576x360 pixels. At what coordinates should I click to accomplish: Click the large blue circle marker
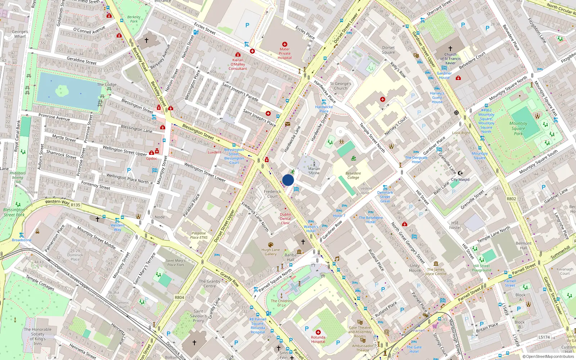(x=288, y=180)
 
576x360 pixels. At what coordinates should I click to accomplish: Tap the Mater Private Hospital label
(x=284, y=54)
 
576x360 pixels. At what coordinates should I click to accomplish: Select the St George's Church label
(x=341, y=86)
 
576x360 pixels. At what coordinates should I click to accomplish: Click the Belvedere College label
(x=353, y=175)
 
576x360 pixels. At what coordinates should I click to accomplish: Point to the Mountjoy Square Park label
(x=518, y=128)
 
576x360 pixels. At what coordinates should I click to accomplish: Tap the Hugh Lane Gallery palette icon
(x=271, y=244)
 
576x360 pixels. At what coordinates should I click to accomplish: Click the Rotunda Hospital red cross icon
(x=318, y=332)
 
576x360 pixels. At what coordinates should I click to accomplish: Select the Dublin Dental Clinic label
(x=285, y=219)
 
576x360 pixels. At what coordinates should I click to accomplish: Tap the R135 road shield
(x=76, y=205)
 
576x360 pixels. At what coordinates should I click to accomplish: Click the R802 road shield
(x=511, y=199)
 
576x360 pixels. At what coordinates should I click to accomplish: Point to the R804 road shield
(x=179, y=297)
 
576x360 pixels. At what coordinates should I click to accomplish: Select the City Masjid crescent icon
(x=460, y=173)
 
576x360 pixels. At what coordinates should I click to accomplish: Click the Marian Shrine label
(x=314, y=171)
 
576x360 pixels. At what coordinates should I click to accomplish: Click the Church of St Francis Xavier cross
(x=450, y=48)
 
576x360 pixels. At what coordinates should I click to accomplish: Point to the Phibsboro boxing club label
(x=17, y=177)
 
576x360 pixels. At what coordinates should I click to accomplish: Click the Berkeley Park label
(x=134, y=19)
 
